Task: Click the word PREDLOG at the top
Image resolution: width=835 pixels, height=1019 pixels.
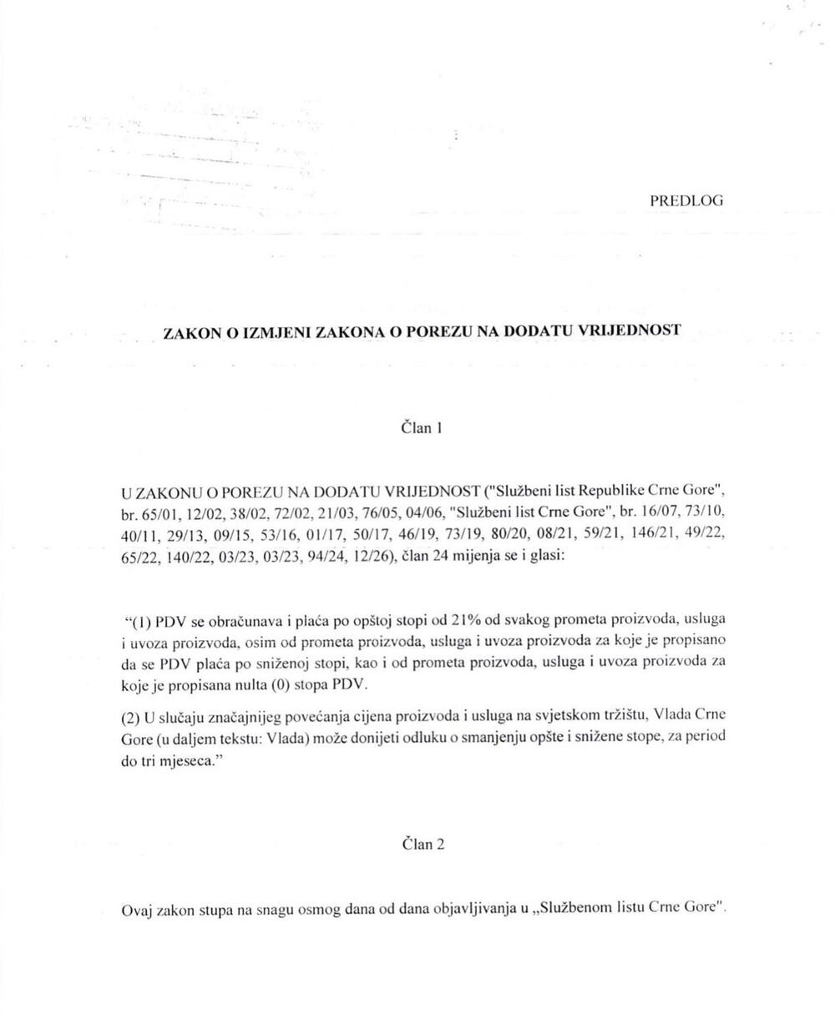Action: pos(686,201)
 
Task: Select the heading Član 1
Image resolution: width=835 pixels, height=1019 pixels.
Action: pos(422,428)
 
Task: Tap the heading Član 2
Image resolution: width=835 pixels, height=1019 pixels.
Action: pos(423,844)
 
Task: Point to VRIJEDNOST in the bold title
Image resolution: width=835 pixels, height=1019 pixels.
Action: pos(637,330)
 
